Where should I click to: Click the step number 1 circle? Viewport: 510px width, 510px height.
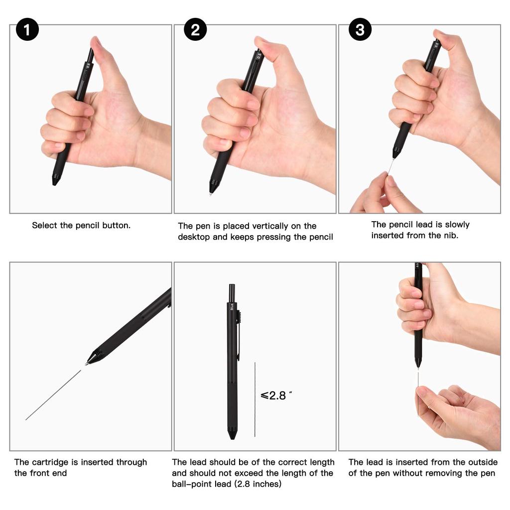pos(27,30)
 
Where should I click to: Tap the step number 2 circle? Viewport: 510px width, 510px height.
pos(195,30)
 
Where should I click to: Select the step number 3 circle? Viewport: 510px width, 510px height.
pos(360,30)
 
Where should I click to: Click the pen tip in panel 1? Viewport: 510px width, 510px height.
pos(55,181)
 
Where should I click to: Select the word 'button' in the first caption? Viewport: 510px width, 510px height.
pos(116,225)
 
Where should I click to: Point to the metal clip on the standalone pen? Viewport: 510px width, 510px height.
pos(238,339)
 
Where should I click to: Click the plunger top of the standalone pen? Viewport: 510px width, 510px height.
pos(232,291)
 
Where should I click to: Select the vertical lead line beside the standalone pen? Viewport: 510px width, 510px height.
pos(255,398)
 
